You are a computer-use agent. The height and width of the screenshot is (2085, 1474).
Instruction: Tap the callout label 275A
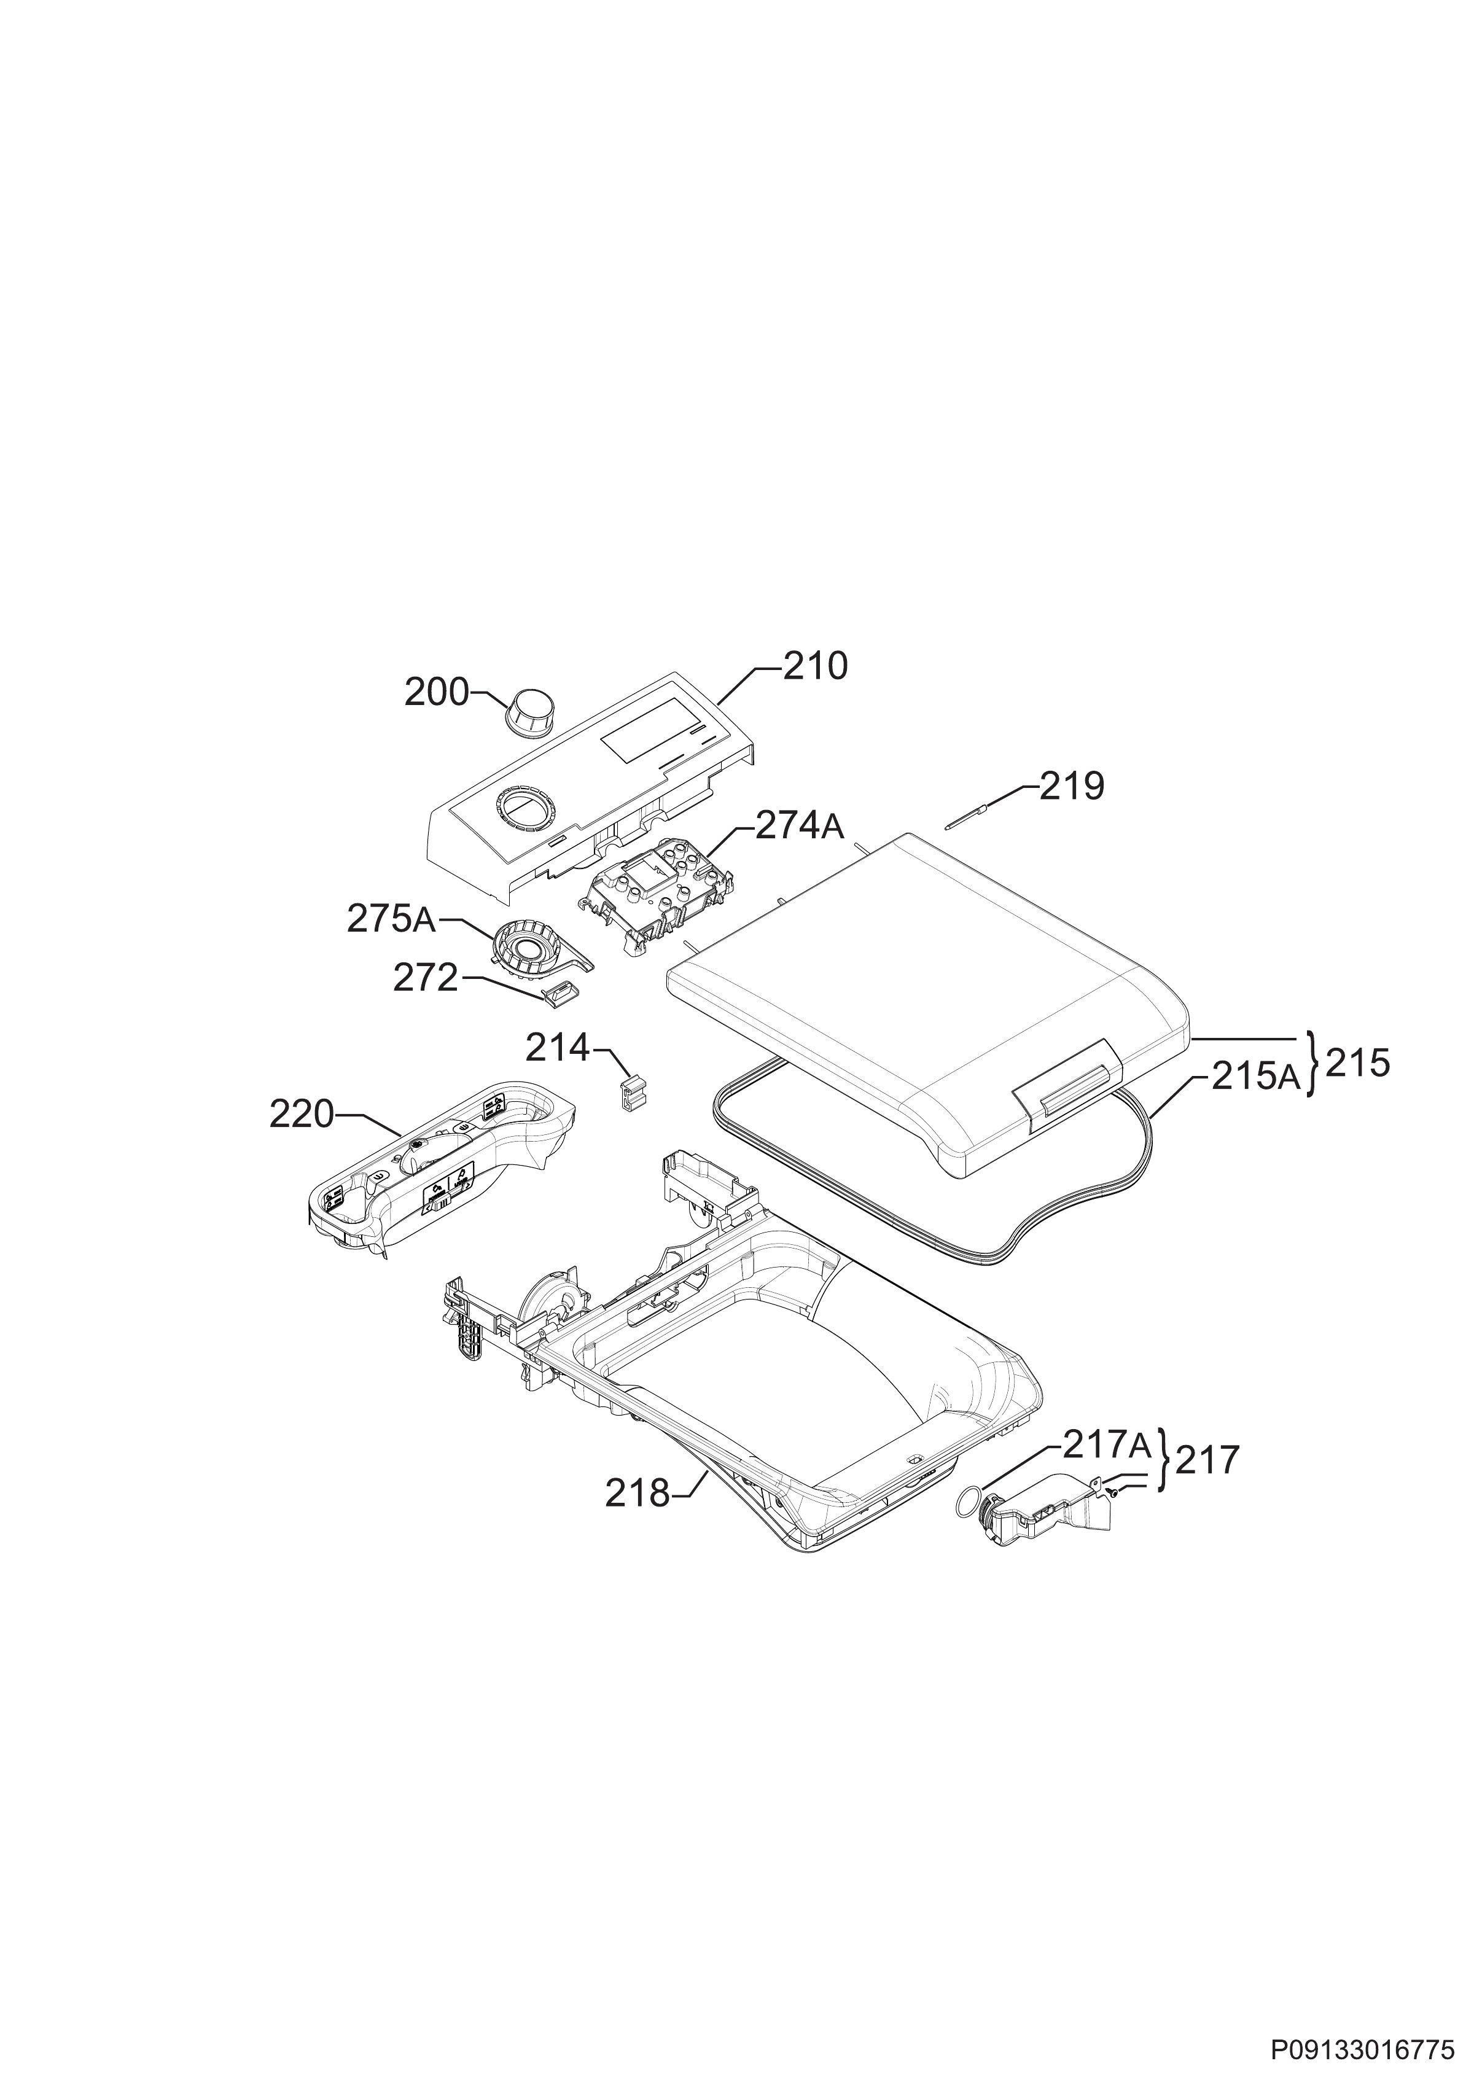[391, 920]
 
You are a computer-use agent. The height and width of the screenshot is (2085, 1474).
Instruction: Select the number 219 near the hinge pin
[1072, 787]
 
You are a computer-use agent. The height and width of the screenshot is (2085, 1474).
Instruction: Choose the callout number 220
[302, 1114]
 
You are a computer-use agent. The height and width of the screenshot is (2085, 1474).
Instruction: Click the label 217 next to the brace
[1207, 1460]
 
